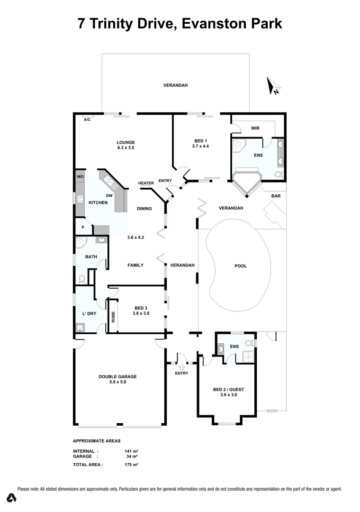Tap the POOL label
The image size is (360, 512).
pyautogui.click(x=241, y=266)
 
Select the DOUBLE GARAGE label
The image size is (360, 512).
pyautogui.click(x=117, y=376)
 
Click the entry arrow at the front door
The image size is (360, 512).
pyautogui.click(x=181, y=366)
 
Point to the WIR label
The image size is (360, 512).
pyautogui.click(x=255, y=128)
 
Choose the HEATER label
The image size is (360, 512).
pyautogui.click(x=146, y=183)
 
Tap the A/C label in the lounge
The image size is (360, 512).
pyautogui.click(x=87, y=120)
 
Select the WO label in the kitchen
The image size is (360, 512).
pyautogui.click(x=80, y=177)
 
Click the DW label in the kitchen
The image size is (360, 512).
pyautogui.click(x=109, y=195)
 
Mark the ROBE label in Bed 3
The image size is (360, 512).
pyautogui.click(x=113, y=317)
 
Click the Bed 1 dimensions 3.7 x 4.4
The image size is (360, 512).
pyautogui.click(x=201, y=146)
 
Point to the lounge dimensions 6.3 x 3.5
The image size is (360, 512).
pyautogui.click(x=126, y=148)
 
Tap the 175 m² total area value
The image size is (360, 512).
pyautogui.click(x=131, y=465)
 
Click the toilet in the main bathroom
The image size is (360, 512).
pyautogui.click(x=81, y=278)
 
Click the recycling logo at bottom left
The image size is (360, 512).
pyautogui.click(x=12, y=498)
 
